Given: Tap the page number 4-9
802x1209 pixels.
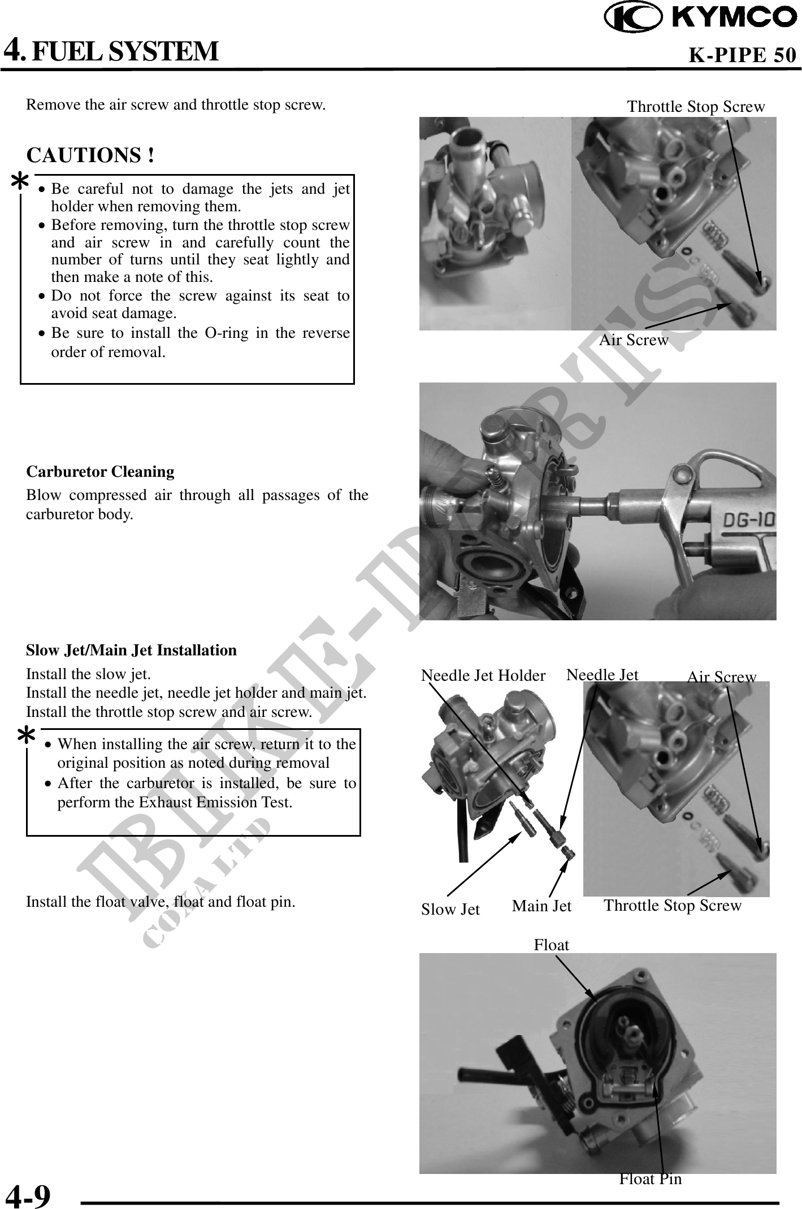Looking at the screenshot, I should coord(28,1194).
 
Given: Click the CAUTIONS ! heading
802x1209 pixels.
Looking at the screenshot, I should coord(91,155).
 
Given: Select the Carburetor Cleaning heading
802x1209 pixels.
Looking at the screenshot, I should coord(101,471).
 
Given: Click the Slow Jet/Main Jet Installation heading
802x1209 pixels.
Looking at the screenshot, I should coord(132,650).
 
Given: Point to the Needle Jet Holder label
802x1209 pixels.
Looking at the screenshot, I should coord(483,675).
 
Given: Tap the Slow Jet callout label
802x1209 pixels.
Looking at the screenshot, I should coord(450,909).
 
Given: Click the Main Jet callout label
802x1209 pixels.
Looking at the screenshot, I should coord(541,906).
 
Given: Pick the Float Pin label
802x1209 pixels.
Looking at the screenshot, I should coord(650,1178).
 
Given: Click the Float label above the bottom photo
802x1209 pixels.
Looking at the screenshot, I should coord(551,945).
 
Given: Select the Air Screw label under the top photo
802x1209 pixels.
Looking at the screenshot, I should coord(633,340).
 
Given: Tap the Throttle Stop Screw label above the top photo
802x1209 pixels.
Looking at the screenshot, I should coord(696,107).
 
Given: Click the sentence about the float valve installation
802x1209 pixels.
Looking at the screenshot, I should coord(161,901).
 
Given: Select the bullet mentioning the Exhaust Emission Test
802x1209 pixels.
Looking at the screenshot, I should coord(206,793).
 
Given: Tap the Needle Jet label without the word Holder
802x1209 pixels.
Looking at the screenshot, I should coord(602,675).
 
